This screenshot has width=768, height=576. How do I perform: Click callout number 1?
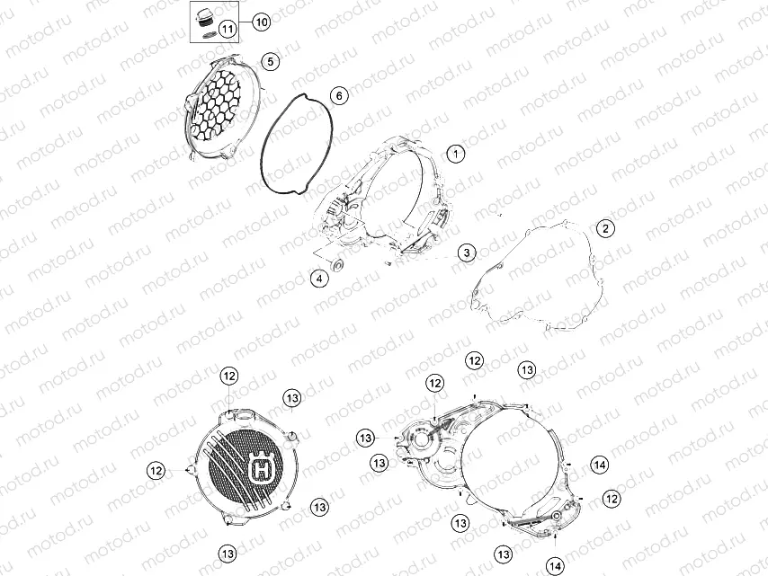tap(456, 154)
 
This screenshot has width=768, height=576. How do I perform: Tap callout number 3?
tap(465, 253)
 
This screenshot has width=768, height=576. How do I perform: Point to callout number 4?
tap(318, 279)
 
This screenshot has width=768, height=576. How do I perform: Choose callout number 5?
tap(271, 61)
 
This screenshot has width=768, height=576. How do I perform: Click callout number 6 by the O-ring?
tap(338, 95)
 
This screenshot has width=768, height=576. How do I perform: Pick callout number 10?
tap(261, 21)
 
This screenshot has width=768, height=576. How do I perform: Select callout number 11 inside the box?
tap(228, 29)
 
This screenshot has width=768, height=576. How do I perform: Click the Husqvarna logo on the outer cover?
tap(262, 468)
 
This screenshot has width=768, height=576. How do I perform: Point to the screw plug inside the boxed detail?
tap(204, 18)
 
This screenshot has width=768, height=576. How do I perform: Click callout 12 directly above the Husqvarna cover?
tap(228, 376)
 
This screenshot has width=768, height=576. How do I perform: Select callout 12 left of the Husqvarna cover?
tap(156, 469)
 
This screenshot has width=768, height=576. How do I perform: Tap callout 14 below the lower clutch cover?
tap(556, 565)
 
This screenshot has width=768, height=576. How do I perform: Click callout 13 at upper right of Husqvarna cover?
tap(291, 397)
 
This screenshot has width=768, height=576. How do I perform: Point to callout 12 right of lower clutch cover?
tap(612, 498)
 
